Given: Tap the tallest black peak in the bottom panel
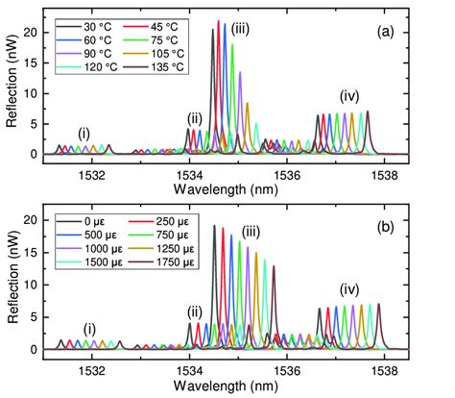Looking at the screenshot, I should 214,227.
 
